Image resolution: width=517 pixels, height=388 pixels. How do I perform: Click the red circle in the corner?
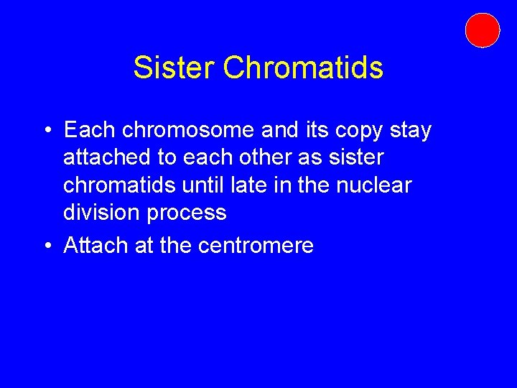click(x=482, y=30)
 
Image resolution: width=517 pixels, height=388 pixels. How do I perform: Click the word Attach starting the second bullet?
click(x=96, y=245)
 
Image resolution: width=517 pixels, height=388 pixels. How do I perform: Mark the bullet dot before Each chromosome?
click(x=45, y=131)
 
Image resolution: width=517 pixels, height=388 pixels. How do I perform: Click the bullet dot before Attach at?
click(x=45, y=246)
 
